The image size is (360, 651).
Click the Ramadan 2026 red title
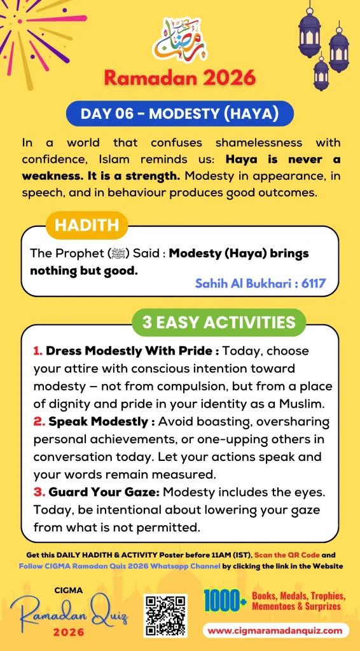click(x=179, y=78)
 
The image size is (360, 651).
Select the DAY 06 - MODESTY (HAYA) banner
click(x=180, y=114)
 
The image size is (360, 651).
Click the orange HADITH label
click(x=87, y=225)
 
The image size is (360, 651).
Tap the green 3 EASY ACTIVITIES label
click(x=219, y=322)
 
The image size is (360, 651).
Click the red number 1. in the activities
click(x=38, y=350)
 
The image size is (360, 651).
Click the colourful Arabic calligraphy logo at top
click(x=179, y=39)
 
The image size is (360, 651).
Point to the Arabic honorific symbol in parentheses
click(x=124, y=253)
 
